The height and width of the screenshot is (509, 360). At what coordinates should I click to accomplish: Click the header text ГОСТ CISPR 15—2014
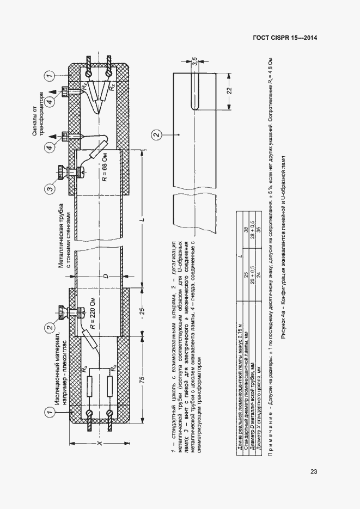[285, 38]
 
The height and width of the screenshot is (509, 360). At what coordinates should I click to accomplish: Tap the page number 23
[314, 471]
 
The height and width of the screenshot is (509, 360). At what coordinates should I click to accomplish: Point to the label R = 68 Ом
[106, 174]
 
